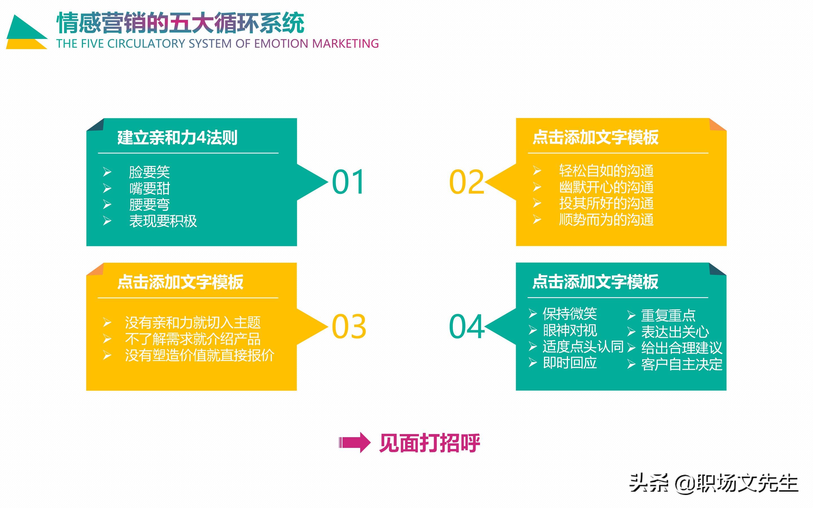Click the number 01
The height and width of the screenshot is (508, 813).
(x=348, y=182)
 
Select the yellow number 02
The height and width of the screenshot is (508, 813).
(x=466, y=182)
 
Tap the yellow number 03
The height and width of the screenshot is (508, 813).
(x=349, y=326)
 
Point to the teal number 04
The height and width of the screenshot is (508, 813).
(x=466, y=326)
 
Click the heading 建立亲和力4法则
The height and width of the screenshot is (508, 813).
(x=177, y=137)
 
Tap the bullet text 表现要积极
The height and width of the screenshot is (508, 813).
(x=163, y=221)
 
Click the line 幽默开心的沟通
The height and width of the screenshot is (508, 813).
(x=606, y=187)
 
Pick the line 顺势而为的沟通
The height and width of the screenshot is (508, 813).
(x=606, y=220)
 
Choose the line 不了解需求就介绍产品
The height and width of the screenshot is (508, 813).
(x=193, y=339)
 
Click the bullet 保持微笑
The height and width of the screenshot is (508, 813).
(x=570, y=314)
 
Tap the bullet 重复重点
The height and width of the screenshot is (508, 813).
(x=668, y=315)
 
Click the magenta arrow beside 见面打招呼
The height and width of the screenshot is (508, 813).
(x=355, y=443)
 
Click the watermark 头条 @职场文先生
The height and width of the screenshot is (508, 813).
(x=713, y=484)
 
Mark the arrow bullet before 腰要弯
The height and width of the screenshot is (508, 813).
(x=107, y=204)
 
